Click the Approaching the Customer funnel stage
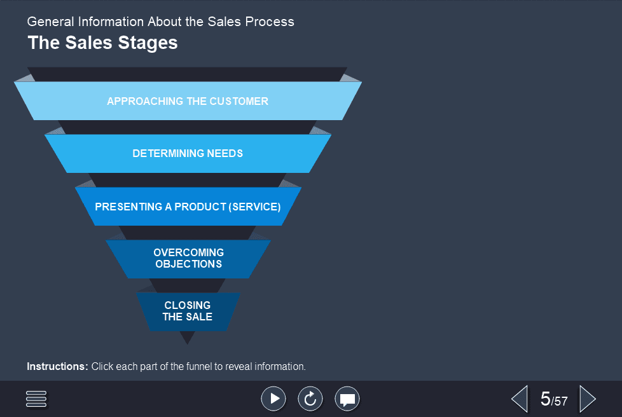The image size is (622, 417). pos(188,101)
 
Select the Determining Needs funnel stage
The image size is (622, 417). pos(188,153)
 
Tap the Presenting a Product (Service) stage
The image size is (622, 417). pos(188,207)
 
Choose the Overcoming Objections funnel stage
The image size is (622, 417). pos(188,258)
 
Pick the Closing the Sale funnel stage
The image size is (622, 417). pos(188,311)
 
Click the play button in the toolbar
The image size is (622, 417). pos(273,399)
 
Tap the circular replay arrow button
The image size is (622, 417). pos(310,399)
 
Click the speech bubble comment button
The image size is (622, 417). pos(347,399)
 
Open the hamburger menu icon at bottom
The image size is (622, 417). pos(37,399)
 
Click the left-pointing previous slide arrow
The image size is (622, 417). pos(520,399)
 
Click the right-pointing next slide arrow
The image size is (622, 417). pos(587,399)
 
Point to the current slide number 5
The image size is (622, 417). pos(545,399)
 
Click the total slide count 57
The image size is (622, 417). pos(560,401)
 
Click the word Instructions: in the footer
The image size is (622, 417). pos(57,367)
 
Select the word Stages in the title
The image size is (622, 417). pos(150,43)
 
